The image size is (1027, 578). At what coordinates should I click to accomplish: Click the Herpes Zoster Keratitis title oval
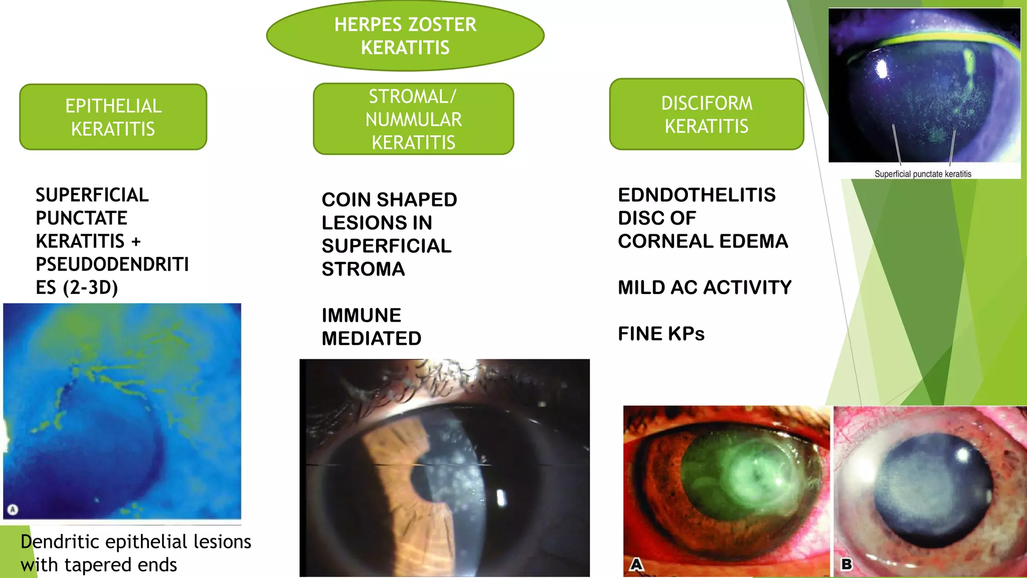pyautogui.click(x=405, y=36)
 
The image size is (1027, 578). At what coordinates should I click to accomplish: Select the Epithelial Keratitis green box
pyautogui.click(x=113, y=117)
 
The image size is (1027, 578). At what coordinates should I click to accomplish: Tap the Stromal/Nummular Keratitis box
pyautogui.click(x=413, y=119)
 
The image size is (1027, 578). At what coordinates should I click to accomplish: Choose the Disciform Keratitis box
pyautogui.click(x=707, y=114)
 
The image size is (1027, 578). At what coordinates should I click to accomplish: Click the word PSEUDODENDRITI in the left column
pyautogui.click(x=112, y=264)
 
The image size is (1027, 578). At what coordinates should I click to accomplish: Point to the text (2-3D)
pyautogui.click(x=91, y=287)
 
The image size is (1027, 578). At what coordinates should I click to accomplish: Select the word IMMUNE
pyautogui.click(x=361, y=316)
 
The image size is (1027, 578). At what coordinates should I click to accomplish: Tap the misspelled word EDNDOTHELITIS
pyautogui.click(x=697, y=195)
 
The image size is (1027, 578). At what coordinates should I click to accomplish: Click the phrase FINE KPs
pyautogui.click(x=661, y=334)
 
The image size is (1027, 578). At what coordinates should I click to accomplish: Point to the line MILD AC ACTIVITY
pyautogui.click(x=705, y=287)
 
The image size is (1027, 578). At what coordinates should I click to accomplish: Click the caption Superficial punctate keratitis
pyautogui.click(x=923, y=174)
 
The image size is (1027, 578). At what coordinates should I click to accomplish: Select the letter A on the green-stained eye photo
pyautogui.click(x=636, y=564)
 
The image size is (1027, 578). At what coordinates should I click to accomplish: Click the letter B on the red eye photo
pyautogui.click(x=846, y=564)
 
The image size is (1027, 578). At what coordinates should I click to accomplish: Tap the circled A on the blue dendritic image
pyautogui.click(x=13, y=510)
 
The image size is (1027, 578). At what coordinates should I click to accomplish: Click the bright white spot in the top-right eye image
pyautogui.click(x=881, y=69)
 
